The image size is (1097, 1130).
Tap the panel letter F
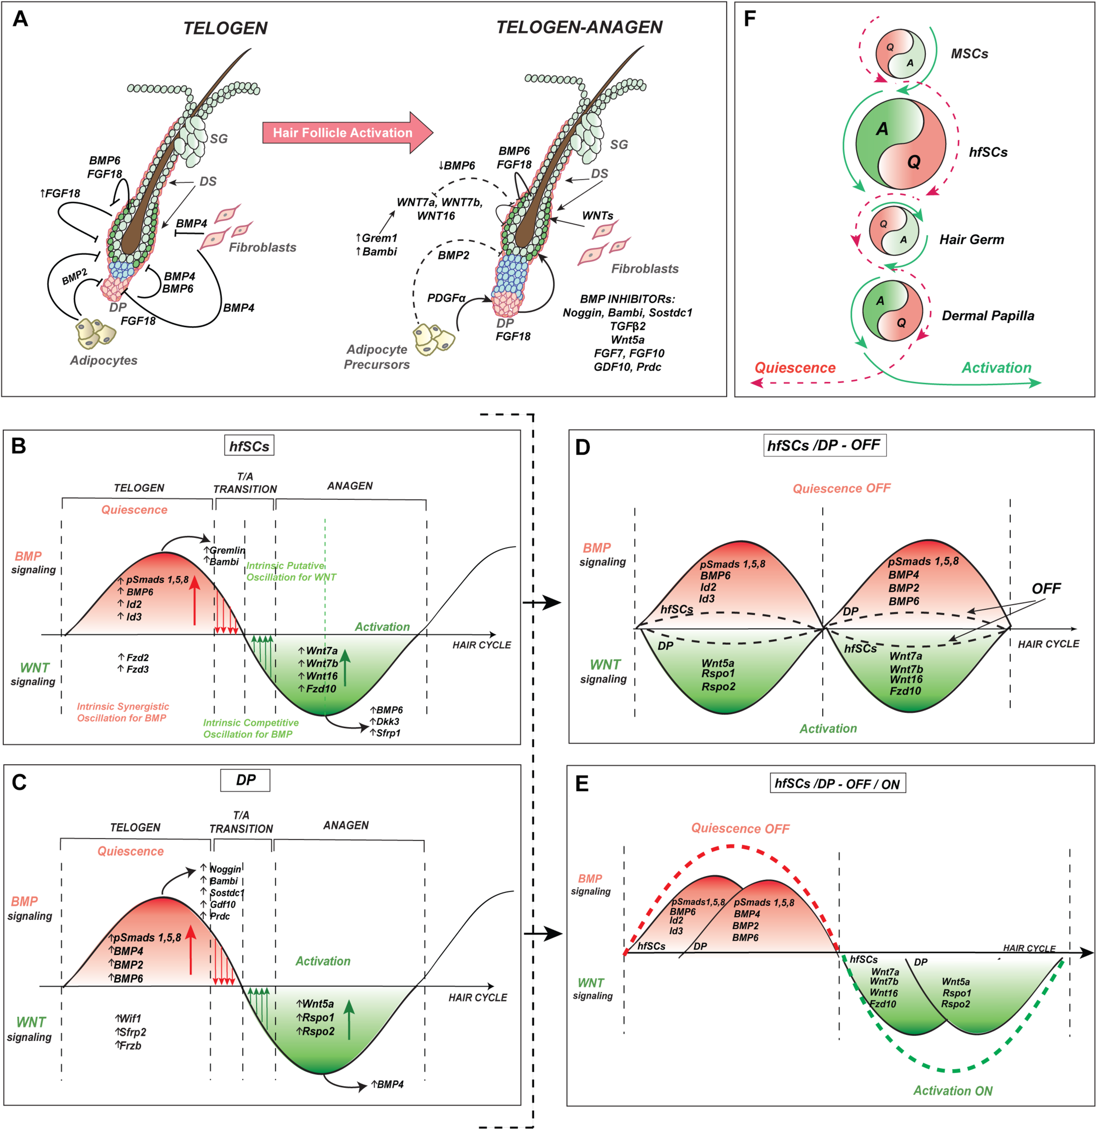coord(749,19)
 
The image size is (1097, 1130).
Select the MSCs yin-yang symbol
coord(900,54)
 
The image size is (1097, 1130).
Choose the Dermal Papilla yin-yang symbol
coord(892,311)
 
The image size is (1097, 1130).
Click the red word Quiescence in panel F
coord(795,368)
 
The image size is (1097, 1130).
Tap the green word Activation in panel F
coord(996,368)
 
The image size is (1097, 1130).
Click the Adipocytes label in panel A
coord(104,360)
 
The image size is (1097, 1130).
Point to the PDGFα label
coord(446,298)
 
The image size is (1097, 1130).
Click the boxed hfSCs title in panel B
coord(249,446)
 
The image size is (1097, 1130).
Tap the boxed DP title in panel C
coord(245,780)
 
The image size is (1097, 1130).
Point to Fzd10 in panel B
coord(320,688)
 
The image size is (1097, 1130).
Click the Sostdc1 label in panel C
coord(226,892)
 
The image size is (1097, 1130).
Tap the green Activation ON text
coord(952,1090)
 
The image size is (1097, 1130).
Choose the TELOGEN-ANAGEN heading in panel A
coord(579,27)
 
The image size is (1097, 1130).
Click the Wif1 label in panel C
coord(130,1018)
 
